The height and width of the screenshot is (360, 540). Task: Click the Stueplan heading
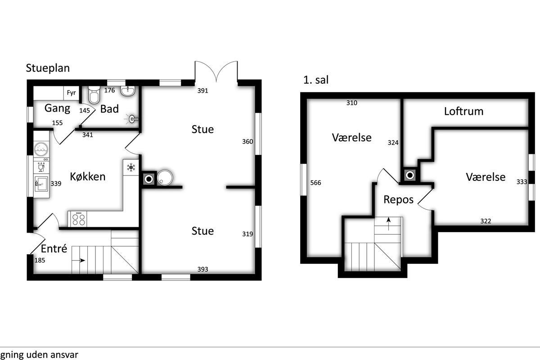point(48,68)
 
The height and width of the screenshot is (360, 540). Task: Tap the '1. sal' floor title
point(316,80)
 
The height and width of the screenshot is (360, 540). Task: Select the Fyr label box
point(72,93)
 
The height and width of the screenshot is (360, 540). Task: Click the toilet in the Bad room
point(94,95)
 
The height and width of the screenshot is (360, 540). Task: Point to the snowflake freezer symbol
point(131,167)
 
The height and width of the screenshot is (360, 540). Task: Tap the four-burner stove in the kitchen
point(79,219)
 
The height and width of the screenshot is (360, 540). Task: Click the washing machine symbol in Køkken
point(41,149)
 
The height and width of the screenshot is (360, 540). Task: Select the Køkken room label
point(87,177)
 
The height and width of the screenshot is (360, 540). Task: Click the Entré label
point(54,248)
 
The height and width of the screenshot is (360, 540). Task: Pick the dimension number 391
point(202,90)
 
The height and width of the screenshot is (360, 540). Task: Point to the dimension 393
point(202,269)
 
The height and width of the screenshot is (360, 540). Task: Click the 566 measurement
point(315,183)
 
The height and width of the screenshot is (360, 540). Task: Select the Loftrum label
point(463,112)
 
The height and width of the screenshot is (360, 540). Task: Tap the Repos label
point(399,200)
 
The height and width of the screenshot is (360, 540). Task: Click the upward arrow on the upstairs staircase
point(388,224)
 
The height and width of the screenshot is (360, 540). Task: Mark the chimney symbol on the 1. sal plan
point(409,175)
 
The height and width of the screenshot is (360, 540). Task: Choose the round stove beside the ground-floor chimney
point(165,178)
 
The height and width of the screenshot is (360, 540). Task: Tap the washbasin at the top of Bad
point(127,91)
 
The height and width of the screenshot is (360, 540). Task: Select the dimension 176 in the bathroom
point(109,90)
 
